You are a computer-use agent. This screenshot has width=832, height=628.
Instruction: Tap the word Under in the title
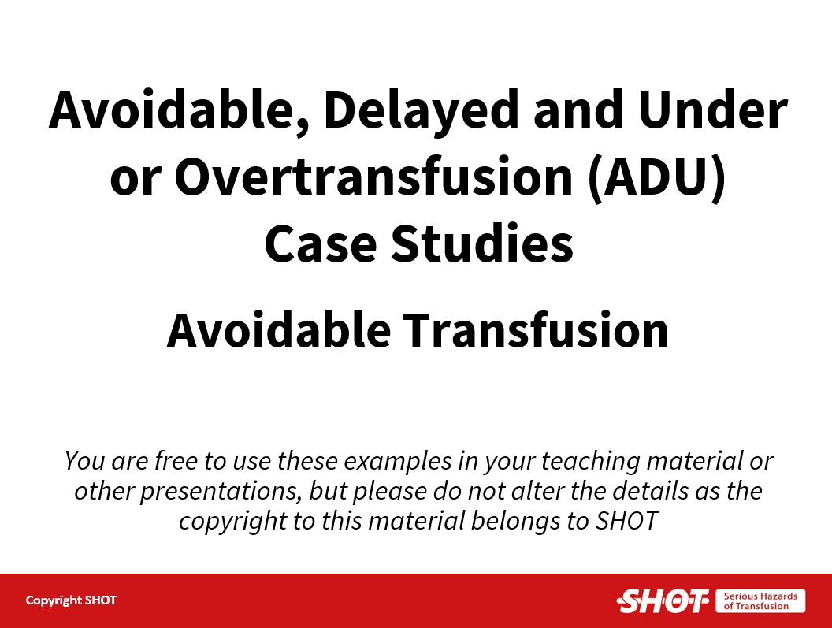(x=712, y=110)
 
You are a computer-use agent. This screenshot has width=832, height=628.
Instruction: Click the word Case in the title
(x=321, y=244)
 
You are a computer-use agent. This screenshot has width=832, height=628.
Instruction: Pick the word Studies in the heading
(x=482, y=243)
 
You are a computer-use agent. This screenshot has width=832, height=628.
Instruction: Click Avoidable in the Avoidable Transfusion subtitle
(x=279, y=329)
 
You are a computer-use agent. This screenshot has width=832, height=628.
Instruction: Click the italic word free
(x=176, y=460)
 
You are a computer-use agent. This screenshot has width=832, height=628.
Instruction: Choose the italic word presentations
(x=220, y=492)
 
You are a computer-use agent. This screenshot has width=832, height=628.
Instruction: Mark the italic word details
(x=651, y=491)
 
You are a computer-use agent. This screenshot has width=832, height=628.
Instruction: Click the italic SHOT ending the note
(x=627, y=521)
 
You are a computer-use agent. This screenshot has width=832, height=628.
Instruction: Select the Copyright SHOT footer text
(x=71, y=600)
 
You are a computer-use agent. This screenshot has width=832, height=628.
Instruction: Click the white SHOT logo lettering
(x=663, y=601)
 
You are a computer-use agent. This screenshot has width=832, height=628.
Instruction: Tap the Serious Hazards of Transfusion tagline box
(x=760, y=601)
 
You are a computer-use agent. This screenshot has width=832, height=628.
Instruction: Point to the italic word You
(x=84, y=460)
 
